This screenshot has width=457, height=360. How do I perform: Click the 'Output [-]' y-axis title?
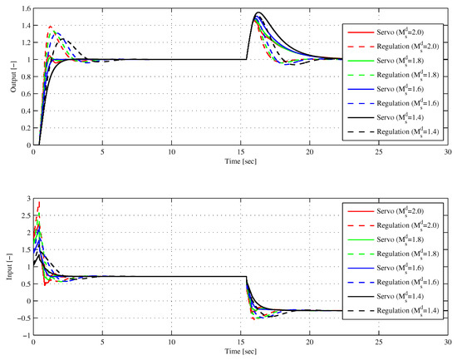pyautogui.click(x=9, y=76)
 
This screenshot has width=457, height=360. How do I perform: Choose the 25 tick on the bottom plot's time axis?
pyautogui.click(x=379, y=345)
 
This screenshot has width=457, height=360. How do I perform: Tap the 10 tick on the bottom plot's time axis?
pyautogui.click(x=172, y=345)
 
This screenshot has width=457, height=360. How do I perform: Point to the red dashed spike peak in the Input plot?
pyautogui.click(x=38, y=202)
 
